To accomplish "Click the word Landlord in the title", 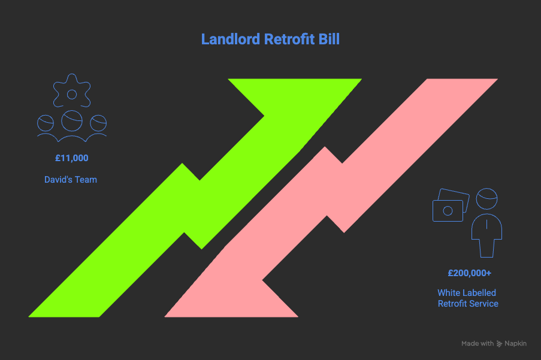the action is tap(231, 39).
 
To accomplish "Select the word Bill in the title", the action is tap(330, 39).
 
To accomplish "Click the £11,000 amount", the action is tap(72, 158).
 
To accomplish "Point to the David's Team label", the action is tap(71, 180).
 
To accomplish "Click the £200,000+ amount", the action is tap(470, 273).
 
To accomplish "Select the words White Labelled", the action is tap(467, 293).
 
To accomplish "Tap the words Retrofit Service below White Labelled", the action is tap(468, 304).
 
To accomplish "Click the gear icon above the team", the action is tap(72, 90).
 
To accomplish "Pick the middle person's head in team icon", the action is tap(72, 120).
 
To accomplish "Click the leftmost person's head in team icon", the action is tap(46, 123).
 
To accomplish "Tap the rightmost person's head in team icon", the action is tap(98, 123).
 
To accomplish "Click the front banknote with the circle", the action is tap(448, 211).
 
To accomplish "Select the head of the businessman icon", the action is tap(487, 199).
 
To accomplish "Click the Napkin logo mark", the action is tap(499, 343).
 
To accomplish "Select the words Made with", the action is tap(477, 343).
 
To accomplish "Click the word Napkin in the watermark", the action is tap(515, 343).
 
